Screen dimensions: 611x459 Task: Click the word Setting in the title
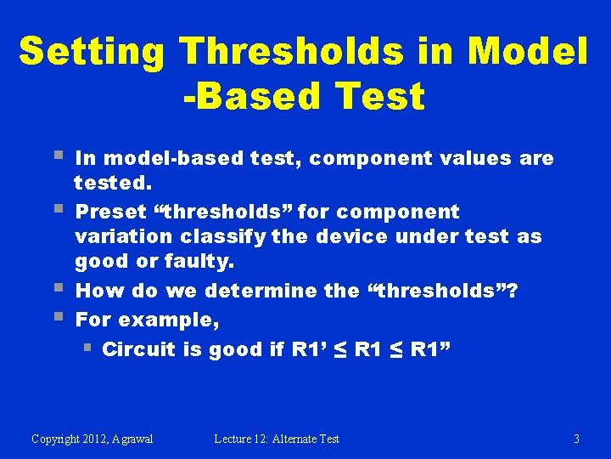click(92, 52)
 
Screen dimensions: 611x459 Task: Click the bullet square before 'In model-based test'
click(59, 155)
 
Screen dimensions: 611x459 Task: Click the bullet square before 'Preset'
click(59, 208)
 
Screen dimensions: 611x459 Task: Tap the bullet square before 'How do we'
click(59, 287)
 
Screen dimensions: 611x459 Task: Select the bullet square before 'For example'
click(59, 315)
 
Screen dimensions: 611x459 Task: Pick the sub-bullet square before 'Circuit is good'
click(87, 347)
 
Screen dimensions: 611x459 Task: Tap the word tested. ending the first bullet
click(113, 183)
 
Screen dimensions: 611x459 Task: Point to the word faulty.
click(199, 262)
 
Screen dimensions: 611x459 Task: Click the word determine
click(261, 291)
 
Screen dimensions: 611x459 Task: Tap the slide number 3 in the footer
click(577, 439)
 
